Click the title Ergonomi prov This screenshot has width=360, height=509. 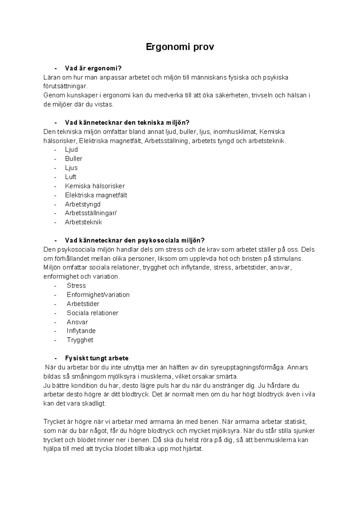180,47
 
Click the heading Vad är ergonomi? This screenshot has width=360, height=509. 93,68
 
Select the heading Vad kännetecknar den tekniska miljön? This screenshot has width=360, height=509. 127,122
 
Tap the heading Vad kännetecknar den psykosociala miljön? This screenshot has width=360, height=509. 135,240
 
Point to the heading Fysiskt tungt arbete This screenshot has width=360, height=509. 97,358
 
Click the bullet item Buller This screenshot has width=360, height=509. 73,159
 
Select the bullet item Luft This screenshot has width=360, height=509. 70,177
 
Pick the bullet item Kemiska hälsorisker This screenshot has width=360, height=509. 95,186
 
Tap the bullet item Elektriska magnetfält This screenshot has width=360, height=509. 96,195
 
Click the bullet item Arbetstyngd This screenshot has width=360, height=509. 83,204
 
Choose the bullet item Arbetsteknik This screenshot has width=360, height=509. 83,222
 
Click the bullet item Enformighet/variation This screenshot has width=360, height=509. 98,295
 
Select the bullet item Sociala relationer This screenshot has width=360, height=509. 92,313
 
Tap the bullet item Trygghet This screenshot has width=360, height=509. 80,340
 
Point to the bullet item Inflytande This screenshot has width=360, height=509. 81,331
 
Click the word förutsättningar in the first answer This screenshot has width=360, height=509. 65,86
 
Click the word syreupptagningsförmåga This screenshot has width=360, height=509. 248,367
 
